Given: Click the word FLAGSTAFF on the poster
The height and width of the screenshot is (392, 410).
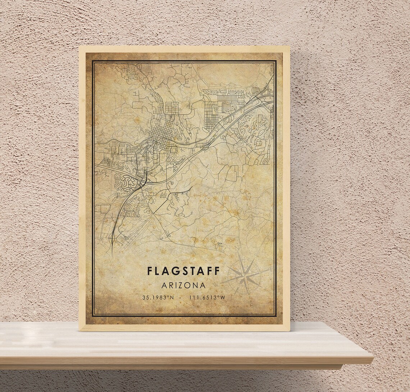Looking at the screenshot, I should (x=183, y=271).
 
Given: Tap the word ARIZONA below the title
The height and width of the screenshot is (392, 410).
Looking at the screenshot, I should (x=183, y=285).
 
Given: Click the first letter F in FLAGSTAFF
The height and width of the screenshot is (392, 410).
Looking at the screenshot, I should (x=149, y=271).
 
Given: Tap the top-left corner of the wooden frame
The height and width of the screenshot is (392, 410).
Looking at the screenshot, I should (x=79, y=47).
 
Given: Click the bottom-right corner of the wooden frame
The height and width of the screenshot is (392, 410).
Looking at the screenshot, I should (x=289, y=330).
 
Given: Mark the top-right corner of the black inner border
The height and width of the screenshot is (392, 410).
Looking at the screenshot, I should (x=276, y=61).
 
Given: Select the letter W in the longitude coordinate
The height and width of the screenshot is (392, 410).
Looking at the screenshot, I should (x=223, y=298).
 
